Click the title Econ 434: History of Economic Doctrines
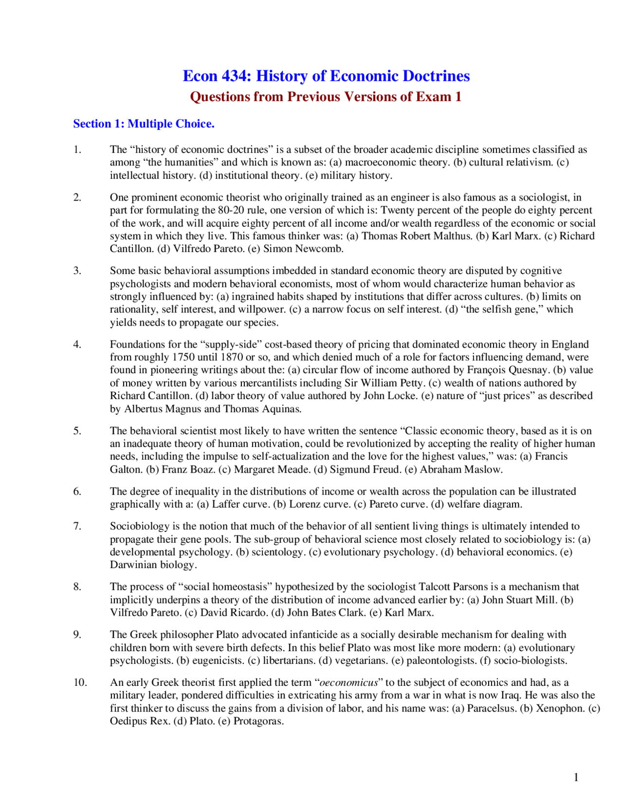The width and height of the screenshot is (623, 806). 326,76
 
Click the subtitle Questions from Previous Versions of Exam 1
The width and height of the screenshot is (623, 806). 326,97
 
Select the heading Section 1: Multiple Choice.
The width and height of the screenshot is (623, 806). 144,124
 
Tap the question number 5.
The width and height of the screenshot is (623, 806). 77,431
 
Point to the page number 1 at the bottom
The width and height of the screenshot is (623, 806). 576,777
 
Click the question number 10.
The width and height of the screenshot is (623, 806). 80,683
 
